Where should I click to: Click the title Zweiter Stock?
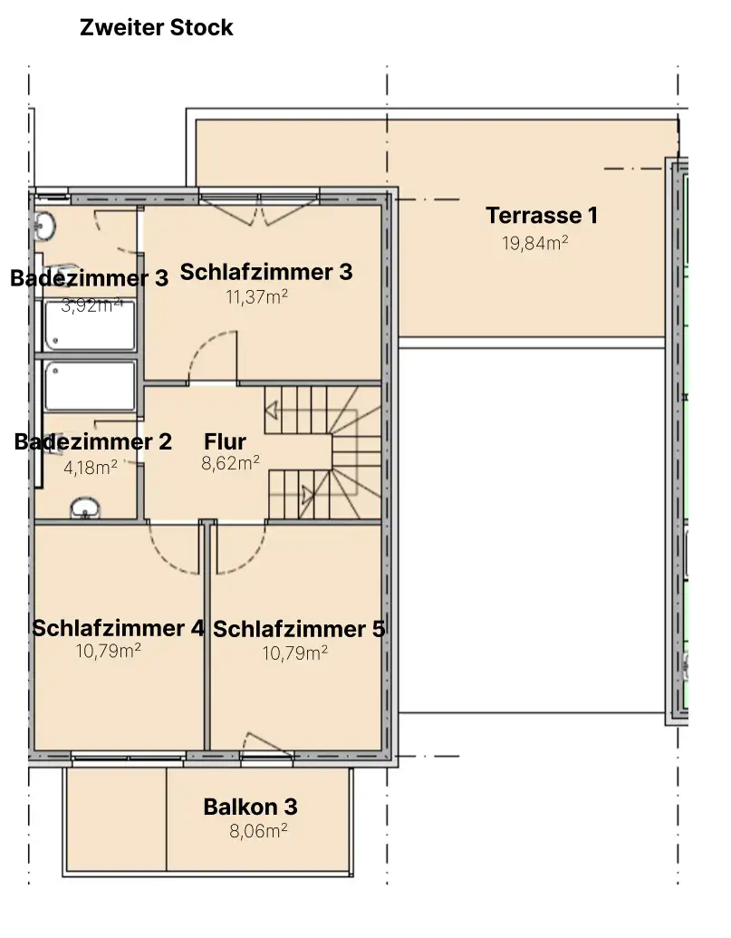click(156, 27)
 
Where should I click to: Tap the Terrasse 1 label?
click(542, 216)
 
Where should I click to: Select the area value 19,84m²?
click(535, 243)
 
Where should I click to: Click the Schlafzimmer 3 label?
click(266, 272)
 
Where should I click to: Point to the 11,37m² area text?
click(257, 296)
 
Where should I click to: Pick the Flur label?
click(225, 441)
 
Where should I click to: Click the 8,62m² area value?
click(230, 463)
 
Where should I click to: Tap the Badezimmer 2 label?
click(92, 442)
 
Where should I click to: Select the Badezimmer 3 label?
click(89, 278)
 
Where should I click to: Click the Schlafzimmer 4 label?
click(118, 628)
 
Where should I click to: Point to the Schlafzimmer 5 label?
click(299, 629)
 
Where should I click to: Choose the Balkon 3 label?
click(250, 807)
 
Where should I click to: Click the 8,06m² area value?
click(258, 831)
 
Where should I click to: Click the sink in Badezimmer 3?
click(44, 227)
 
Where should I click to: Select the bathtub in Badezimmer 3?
click(90, 325)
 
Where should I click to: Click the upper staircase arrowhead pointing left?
click(272, 411)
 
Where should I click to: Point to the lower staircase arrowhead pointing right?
click(308, 495)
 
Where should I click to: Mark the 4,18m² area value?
click(91, 468)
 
